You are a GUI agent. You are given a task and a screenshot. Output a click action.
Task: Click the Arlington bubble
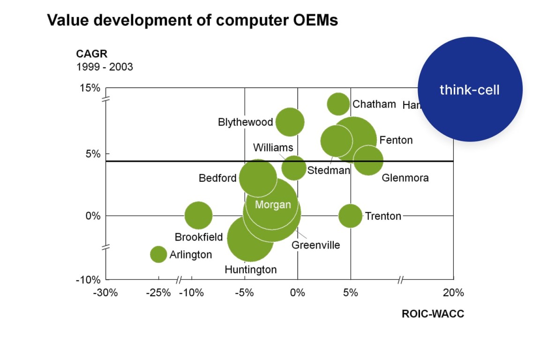tap(158, 254)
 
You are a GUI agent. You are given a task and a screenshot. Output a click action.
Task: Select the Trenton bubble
tap(350, 216)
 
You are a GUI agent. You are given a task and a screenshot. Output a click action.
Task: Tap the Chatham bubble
tap(338, 104)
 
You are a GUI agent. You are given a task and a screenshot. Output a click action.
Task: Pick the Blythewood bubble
tap(290, 122)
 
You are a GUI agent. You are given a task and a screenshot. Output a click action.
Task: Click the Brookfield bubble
tap(198, 216)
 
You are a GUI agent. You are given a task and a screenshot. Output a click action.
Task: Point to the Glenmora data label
tap(405, 178)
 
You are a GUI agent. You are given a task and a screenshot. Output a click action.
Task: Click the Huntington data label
tap(250, 270)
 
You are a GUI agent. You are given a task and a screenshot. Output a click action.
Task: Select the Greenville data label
tap(315, 245)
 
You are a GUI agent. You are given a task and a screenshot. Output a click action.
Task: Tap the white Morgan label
tap(273, 205)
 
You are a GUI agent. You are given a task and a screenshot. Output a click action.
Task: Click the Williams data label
tap(273, 148)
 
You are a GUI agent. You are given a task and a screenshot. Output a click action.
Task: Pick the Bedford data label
tap(217, 178)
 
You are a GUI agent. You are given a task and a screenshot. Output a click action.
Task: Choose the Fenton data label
tap(396, 140)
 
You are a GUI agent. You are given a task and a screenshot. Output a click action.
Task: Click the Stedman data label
tap(329, 170)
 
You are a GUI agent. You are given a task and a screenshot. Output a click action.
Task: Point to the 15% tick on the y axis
tap(90, 88)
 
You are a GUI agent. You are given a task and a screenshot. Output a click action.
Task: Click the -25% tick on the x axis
tap(158, 293)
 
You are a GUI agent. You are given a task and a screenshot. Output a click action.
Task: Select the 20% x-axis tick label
tap(453, 293)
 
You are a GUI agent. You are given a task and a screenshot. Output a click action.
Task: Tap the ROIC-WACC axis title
tap(433, 314)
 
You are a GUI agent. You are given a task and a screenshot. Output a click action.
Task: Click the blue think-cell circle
tap(470, 90)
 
